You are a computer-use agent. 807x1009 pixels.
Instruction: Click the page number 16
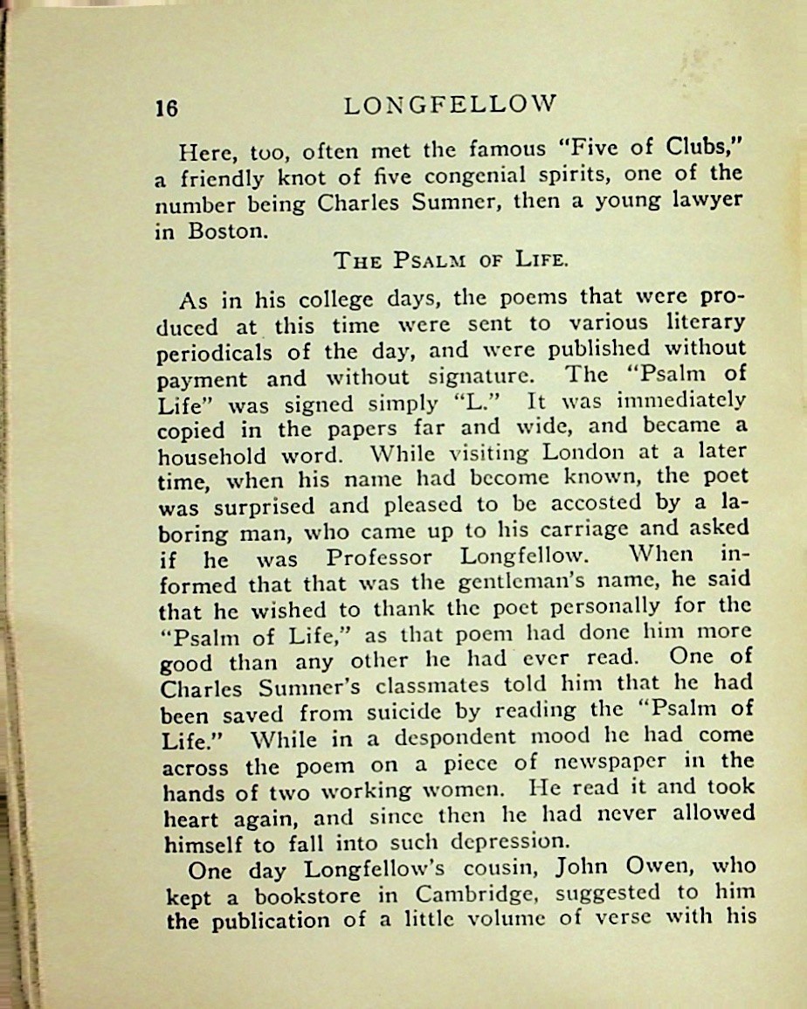167,107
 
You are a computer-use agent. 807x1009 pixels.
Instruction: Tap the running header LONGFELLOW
450,105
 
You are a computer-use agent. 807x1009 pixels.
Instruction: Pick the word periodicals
215,353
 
